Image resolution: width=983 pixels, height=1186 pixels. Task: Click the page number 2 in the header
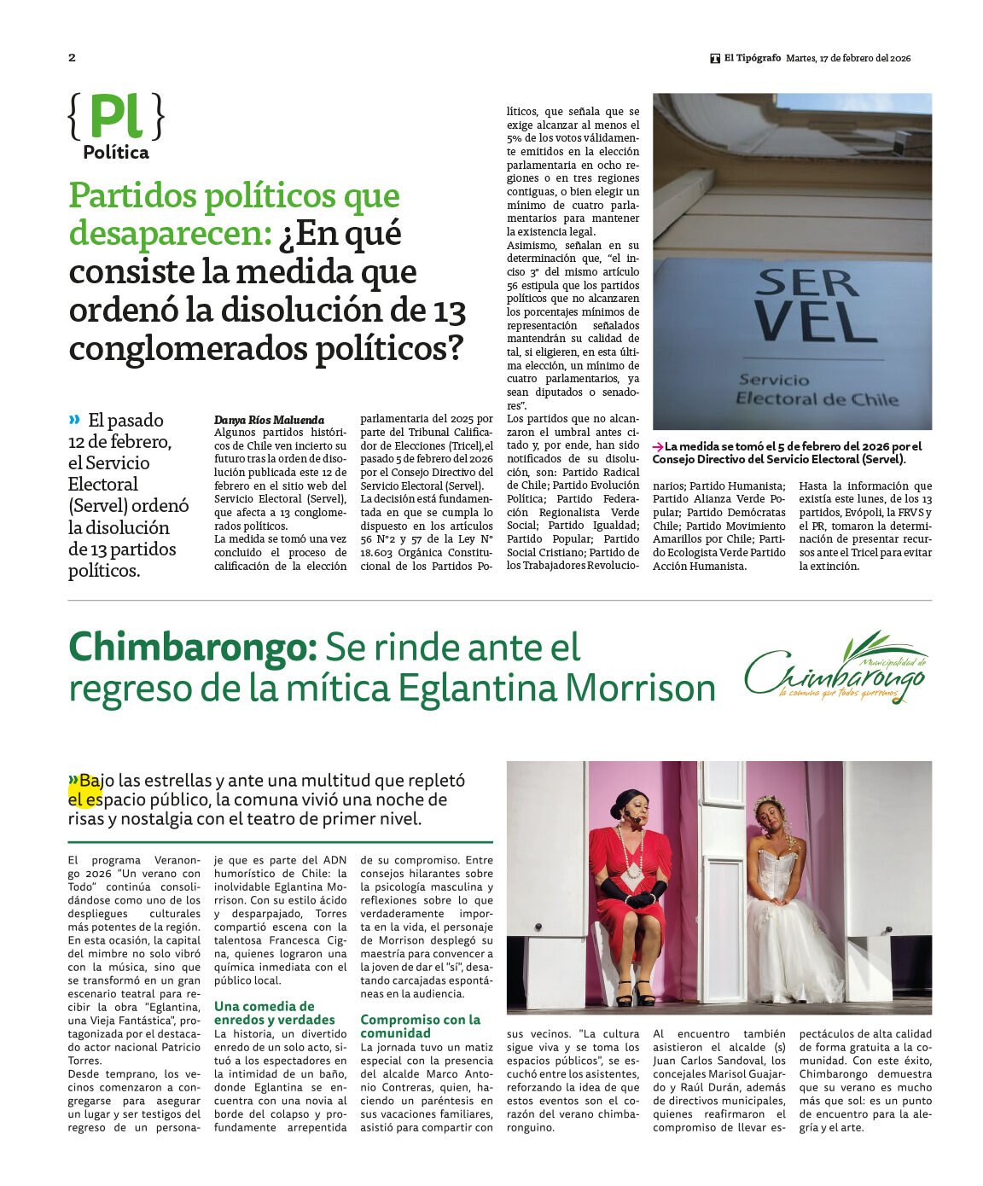72,58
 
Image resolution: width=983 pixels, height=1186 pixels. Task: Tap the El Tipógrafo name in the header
752,58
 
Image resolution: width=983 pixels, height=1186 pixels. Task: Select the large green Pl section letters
115,117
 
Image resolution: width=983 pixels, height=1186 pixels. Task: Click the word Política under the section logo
116,153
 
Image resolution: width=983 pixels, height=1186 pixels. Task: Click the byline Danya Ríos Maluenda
269,420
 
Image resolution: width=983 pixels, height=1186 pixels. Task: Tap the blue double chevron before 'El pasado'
74,419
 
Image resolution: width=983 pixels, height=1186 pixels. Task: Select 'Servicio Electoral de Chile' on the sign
817,390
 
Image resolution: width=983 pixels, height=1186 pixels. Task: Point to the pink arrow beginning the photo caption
658,446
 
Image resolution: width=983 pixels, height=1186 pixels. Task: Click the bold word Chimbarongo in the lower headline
193,648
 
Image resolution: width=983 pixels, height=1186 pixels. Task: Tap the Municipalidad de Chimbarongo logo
835,668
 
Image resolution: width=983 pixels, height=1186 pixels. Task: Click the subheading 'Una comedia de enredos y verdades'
275,1013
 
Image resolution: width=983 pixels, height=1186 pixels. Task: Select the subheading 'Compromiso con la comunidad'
420,1026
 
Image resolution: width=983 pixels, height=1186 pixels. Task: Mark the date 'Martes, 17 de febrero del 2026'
848,58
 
